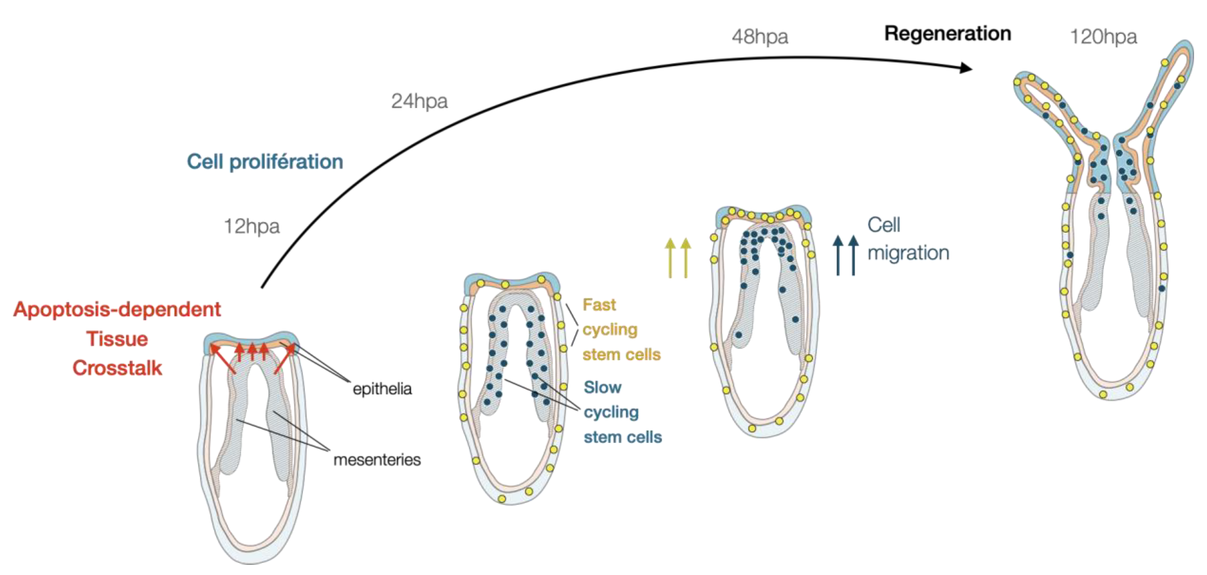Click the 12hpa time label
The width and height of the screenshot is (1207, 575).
pos(252,227)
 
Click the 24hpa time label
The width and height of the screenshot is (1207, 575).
pos(419,101)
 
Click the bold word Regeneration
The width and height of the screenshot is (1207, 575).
pos(947,34)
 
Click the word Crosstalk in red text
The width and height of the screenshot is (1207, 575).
pos(117,368)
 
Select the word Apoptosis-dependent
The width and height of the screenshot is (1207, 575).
pos(117,309)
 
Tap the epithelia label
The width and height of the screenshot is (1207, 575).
pos(382,389)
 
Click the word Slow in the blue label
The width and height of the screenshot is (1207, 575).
pos(603,387)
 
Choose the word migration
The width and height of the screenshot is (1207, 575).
pos(908,253)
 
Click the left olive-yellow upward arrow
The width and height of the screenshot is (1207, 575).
pos(670,258)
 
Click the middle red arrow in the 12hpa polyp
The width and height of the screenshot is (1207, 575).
pos(252,351)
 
